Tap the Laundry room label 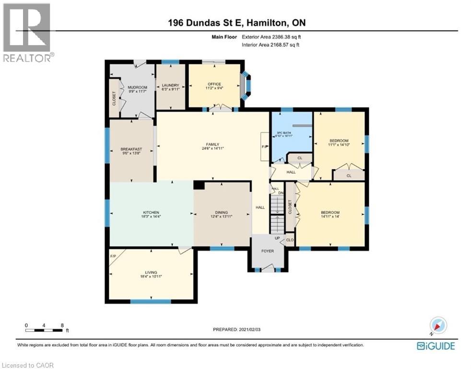(170, 85)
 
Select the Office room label (214, 84)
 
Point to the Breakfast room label (131, 149)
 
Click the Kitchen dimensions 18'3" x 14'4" (151, 217)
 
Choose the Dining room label (221, 212)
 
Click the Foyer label (267, 250)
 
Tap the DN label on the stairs (281, 193)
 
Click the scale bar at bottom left (44, 330)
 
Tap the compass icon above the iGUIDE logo (438, 326)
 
